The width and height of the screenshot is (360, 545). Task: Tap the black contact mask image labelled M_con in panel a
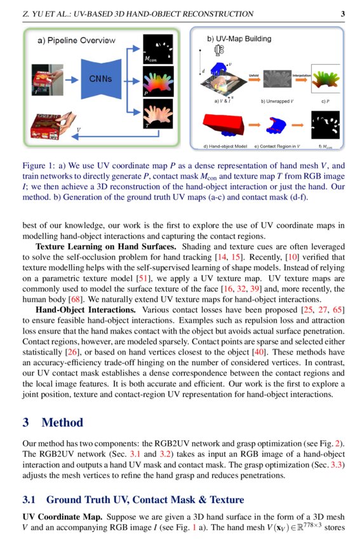tap(159, 47)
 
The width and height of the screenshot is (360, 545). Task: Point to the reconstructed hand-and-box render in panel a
tap(46, 127)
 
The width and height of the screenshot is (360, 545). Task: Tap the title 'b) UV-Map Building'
tap(239, 39)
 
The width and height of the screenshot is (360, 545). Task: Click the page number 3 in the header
tap(343, 14)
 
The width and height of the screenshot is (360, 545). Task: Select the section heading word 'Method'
tap(62, 422)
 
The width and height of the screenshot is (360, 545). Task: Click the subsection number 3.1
tap(30, 500)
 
